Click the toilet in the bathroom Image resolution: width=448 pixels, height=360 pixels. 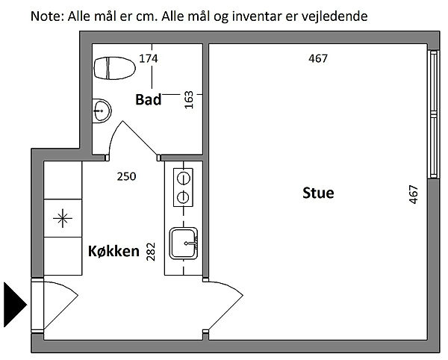pyautogui.click(x=114, y=68)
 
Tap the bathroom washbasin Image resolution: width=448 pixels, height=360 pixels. pyautogui.click(x=102, y=111)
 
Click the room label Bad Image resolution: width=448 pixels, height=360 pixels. pyautogui.click(x=149, y=99)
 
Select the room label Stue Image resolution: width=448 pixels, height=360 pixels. pyautogui.click(x=318, y=193)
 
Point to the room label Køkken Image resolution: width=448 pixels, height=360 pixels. pyautogui.click(x=113, y=251)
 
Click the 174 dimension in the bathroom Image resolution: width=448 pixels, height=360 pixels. pyautogui.click(x=149, y=58)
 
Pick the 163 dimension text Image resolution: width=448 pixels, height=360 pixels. pyautogui.click(x=189, y=100)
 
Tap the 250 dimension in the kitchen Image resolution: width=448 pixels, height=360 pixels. pyautogui.click(x=127, y=176)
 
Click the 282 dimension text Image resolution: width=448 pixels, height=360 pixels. pyautogui.click(x=151, y=252)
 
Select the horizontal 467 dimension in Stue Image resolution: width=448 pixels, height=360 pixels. pyautogui.click(x=318, y=58)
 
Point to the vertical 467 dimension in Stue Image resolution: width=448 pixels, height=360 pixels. pyautogui.click(x=414, y=195)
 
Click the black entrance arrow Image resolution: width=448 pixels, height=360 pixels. pyautogui.click(x=15, y=305)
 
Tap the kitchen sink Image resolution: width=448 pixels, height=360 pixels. pyautogui.click(x=184, y=243)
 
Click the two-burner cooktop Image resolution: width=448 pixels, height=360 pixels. pyautogui.click(x=183, y=187)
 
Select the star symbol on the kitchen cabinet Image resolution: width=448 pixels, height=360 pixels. pyautogui.click(x=63, y=218)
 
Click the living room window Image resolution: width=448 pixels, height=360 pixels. pyautogui.click(x=434, y=114)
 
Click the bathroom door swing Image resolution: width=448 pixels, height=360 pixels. pyautogui.click(x=134, y=140)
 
